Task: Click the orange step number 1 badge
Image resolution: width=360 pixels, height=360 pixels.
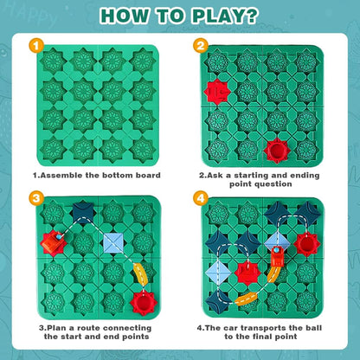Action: (35, 46)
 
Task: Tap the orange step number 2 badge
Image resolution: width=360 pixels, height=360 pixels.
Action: (200, 46)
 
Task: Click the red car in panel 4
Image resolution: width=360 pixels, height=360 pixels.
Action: (277, 257)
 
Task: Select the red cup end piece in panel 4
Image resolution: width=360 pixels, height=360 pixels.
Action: (305, 241)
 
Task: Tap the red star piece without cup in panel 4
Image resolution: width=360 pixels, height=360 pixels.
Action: (248, 273)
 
